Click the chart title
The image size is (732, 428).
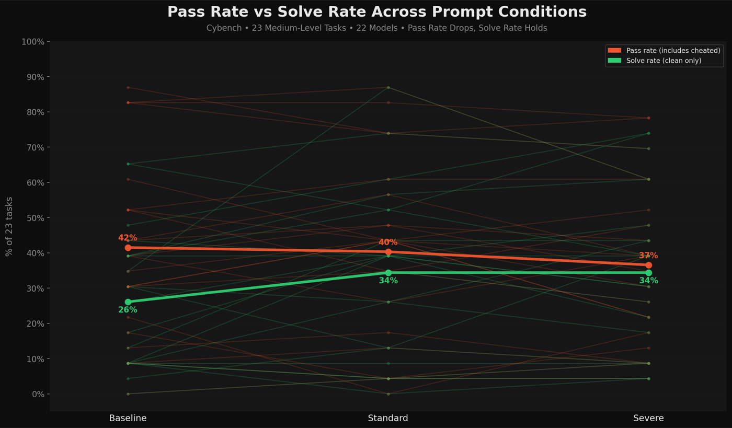377,12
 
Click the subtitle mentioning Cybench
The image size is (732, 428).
377,28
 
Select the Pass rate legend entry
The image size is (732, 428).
664,50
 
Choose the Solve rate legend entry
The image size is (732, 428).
655,61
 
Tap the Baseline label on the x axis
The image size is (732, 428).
128,418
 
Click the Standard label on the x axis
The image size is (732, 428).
388,418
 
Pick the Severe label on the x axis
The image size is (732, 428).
648,418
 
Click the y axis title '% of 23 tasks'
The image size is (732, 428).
9,226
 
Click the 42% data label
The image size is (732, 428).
128,238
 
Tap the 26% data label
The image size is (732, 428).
128,309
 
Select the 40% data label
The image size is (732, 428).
388,242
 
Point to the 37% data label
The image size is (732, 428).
648,256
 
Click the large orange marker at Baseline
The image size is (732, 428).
128,248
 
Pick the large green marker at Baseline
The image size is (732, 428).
128,302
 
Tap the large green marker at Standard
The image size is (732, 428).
388,272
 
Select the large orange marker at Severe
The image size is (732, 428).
648,265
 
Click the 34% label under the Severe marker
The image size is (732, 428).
648,280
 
